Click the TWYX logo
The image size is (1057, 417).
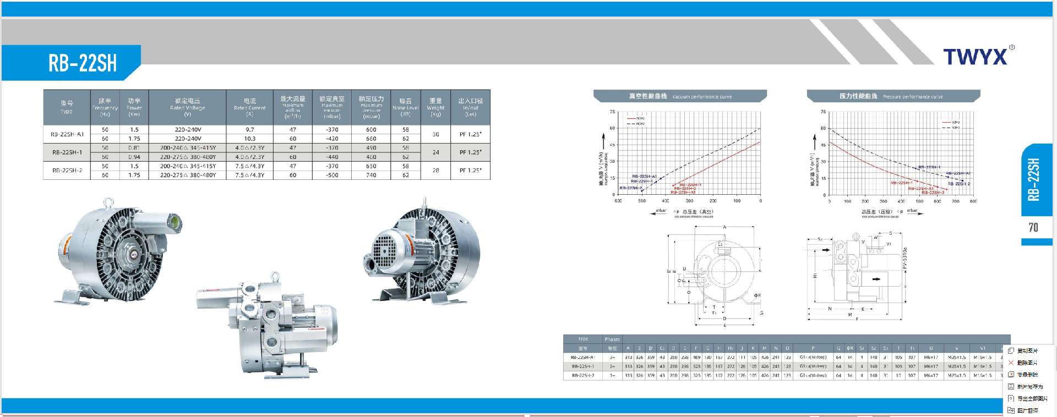click(976, 56)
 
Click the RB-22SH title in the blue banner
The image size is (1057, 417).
click(83, 63)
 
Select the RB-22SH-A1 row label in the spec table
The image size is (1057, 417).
click(67, 134)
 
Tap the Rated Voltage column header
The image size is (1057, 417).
click(187, 105)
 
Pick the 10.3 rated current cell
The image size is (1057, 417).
click(249, 139)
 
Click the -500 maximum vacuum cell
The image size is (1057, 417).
click(332, 175)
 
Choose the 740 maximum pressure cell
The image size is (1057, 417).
click(371, 175)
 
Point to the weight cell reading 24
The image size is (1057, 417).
click(435, 152)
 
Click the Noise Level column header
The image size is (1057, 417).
click(406, 105)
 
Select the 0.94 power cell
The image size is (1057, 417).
click(134, 157)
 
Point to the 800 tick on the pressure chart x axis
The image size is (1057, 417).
click(973, 201)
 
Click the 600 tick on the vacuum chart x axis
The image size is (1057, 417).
click(618, 201)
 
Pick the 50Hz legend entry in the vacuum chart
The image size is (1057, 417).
click(636, 118)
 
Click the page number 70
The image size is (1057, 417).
click(1033, 228)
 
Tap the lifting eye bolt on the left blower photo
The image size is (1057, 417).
click(108, 202)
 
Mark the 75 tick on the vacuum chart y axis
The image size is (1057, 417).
click(612, 112)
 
